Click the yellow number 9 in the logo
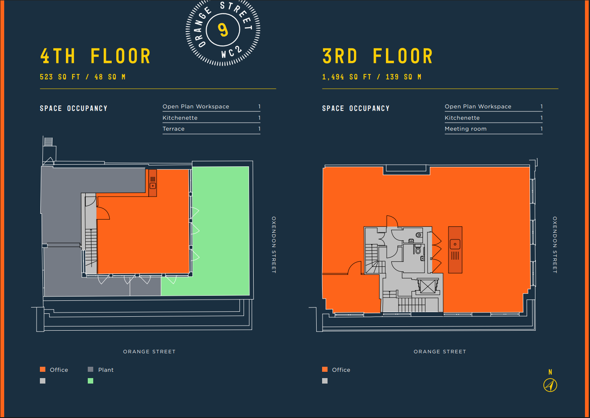(x=223, y=30)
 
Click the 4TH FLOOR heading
(x=95, y=56)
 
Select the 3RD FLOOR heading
(x=378, y=56)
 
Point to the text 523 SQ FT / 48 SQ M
(x=82, y=77)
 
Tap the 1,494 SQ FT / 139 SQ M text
(x=372, y=77)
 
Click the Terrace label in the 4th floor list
(x=173, y=129)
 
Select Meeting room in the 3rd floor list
(x=465, y=129)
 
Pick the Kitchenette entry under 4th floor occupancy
(x=180, y=118)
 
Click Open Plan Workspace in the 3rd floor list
(x=478, y=106)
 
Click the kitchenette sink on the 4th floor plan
(x=153, y=186)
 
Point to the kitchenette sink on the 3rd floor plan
(x=455, y=244)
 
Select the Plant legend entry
(x=101, y=370)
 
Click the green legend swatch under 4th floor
(x=90, y=381)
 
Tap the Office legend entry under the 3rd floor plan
(x=336, y=370)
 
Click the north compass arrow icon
(x=550, y=385)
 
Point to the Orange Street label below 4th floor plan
(x=149, y=352)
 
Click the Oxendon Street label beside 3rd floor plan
(x=555, y=244)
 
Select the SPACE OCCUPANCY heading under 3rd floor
(x=356, y=108)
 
